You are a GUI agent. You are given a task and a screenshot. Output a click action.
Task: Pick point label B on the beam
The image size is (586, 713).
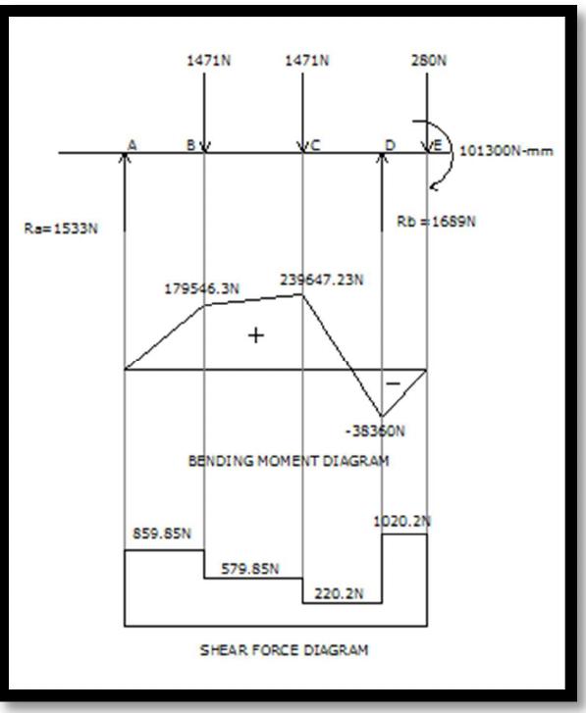click(191, 145)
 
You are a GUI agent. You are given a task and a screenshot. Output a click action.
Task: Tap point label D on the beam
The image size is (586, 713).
click(390, 146)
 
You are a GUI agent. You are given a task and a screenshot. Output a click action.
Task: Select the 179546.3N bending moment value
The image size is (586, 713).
click(203, 289)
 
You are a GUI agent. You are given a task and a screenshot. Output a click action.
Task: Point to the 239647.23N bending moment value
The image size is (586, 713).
click(322, 280)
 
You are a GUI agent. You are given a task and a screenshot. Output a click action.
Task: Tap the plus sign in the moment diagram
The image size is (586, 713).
click(256, 335)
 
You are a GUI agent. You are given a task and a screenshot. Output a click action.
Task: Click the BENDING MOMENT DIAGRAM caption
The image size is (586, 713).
click(288, 461)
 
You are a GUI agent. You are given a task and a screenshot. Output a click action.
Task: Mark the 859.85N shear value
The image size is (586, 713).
click(161, 534)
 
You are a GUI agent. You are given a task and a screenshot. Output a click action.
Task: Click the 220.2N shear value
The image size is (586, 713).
click(344, 592)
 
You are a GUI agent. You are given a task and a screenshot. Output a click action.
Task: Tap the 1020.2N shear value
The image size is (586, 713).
click(402, 522)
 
